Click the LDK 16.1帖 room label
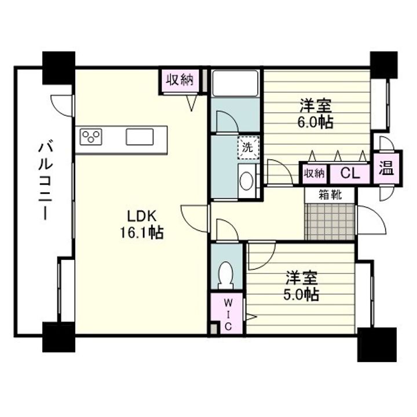[x=142, y=224]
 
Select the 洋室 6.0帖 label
[x=316, y=114]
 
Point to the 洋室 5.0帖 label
[x=301, y=286]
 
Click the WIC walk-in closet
[x=228, y=313]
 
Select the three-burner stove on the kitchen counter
[x=91, y=137]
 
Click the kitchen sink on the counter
[x=140, y=137]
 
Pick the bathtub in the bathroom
[x=236, y=83]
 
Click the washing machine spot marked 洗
[x=248, y=147]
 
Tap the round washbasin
[x=246, y=181]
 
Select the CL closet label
[x=350, y=174]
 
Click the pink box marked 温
[x=387, y=168]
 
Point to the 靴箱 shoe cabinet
[x=330, y=196]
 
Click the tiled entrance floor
[x=330, y=222]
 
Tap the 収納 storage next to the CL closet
[x=314, y=174]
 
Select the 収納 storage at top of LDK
[x=180, y=80]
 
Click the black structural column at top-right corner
[x=384, y=65]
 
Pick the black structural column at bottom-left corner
[x=58, y=337]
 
